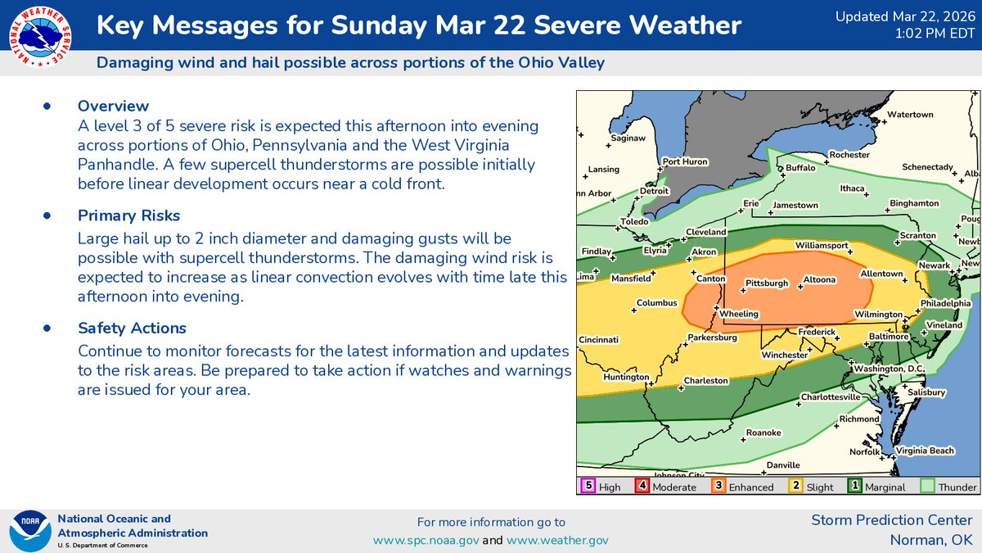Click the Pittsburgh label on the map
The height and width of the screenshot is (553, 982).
point(767,283)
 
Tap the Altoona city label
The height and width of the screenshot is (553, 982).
point(819,279)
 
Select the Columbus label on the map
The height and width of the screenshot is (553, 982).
point(658,303)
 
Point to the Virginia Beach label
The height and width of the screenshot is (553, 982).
point(925,451)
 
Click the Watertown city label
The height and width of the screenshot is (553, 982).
point(911,115)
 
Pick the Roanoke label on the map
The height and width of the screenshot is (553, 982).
point(764,433)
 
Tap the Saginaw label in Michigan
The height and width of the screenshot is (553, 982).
point(628,138)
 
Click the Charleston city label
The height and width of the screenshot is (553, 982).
point(706,380)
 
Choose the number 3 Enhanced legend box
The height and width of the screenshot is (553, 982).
point(718,486)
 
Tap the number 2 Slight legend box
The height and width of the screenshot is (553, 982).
point(794,486)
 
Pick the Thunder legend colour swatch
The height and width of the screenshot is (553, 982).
point(928,486)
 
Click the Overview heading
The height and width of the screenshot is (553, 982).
point(113,106)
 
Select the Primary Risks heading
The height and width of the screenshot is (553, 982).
point(128,215)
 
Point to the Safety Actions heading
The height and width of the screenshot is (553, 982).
point(132,328)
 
